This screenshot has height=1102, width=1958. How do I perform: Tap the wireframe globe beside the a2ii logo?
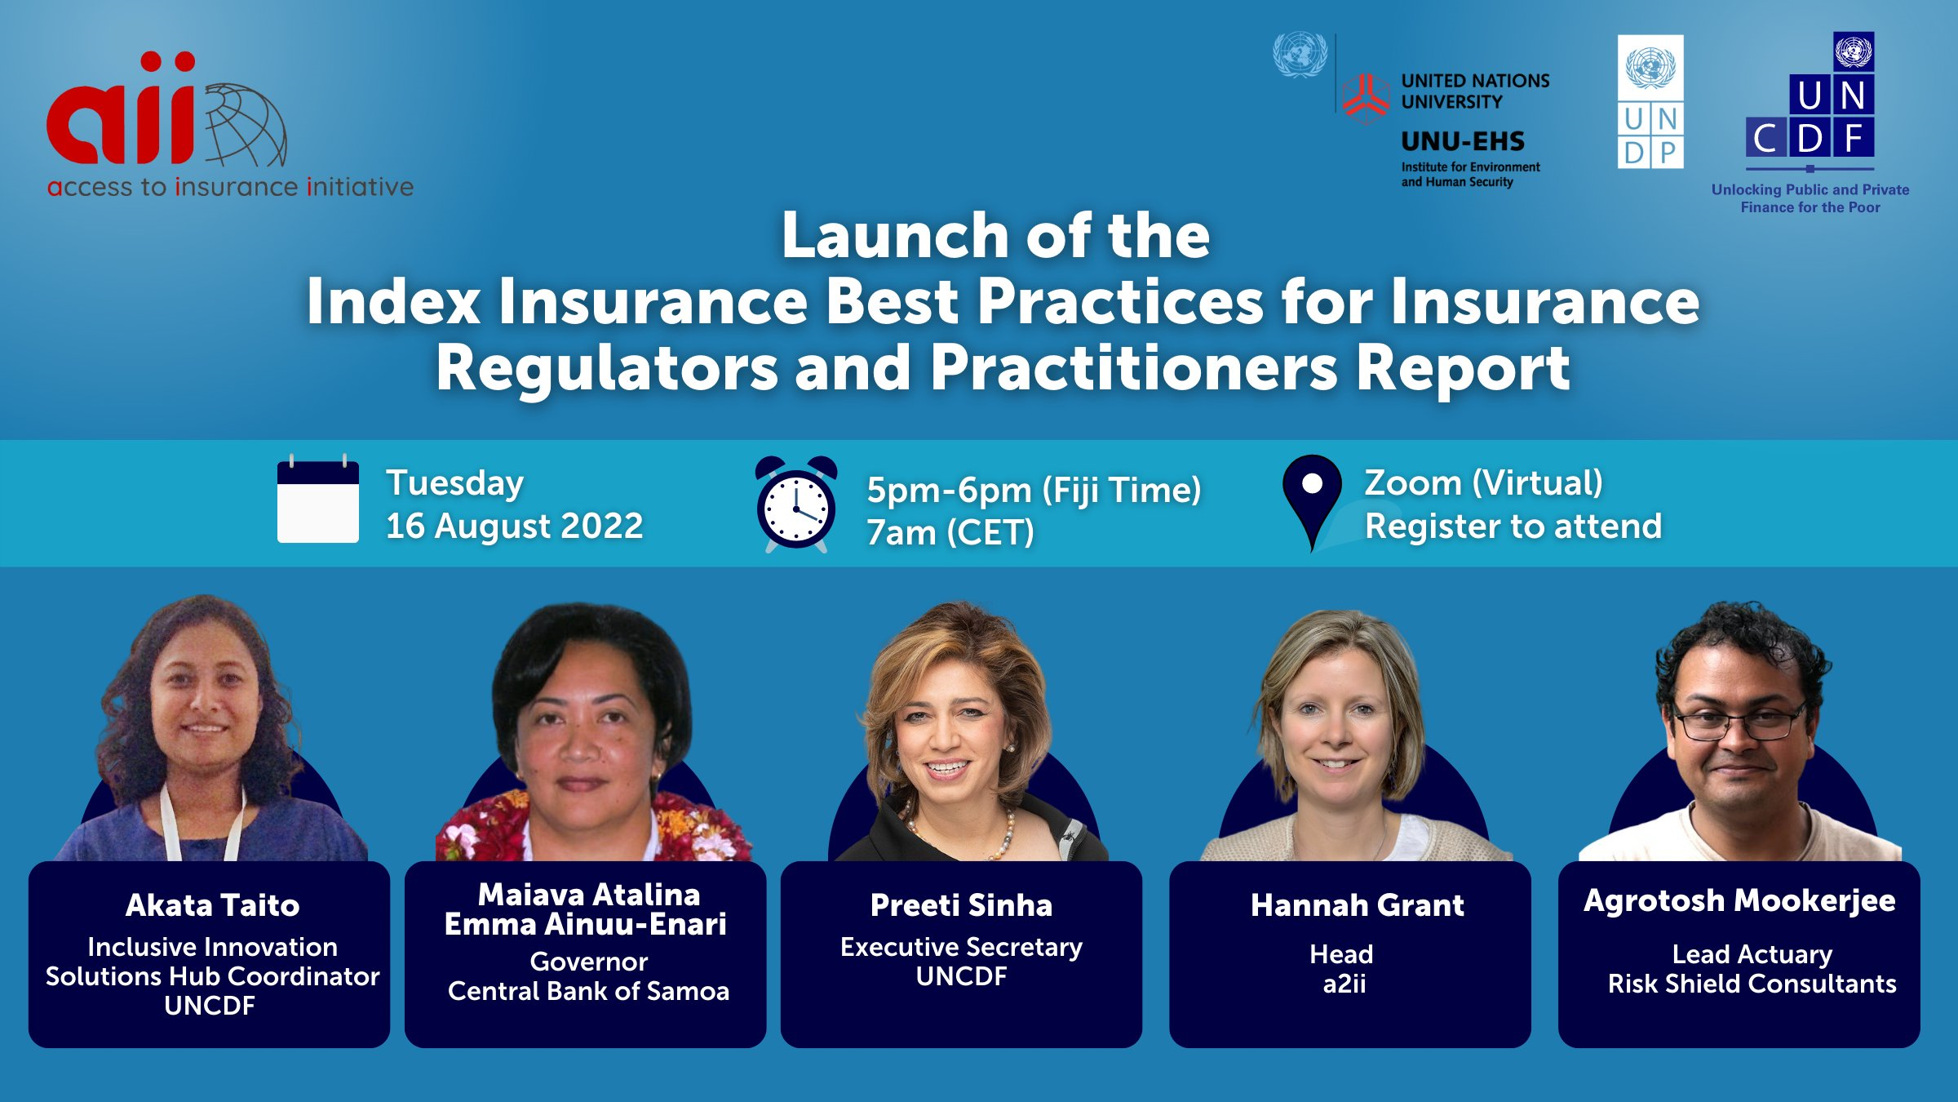tap(245, 125)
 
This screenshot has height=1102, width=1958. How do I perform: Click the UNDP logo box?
tap(1650, 101)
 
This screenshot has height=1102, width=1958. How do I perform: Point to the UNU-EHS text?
tap(1463, 141)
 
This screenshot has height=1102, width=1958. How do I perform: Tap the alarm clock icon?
tap(796, 503)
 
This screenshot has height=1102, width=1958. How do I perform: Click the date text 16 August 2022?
tap(515, 526)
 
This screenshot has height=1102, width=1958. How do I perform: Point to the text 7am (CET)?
tap(950, 532)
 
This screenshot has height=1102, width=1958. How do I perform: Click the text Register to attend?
tap(1513, 526)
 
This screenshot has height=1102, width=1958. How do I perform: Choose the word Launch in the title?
tap(894, 235)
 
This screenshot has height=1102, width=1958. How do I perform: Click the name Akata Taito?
tap(213, 904)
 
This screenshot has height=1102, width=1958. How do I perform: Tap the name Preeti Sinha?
tap(961, 904)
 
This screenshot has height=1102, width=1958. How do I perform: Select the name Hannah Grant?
tap(1358, 904)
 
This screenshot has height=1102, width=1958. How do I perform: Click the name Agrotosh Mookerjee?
tap(1739, 901)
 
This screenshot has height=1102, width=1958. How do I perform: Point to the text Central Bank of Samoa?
tap(588, 991)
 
